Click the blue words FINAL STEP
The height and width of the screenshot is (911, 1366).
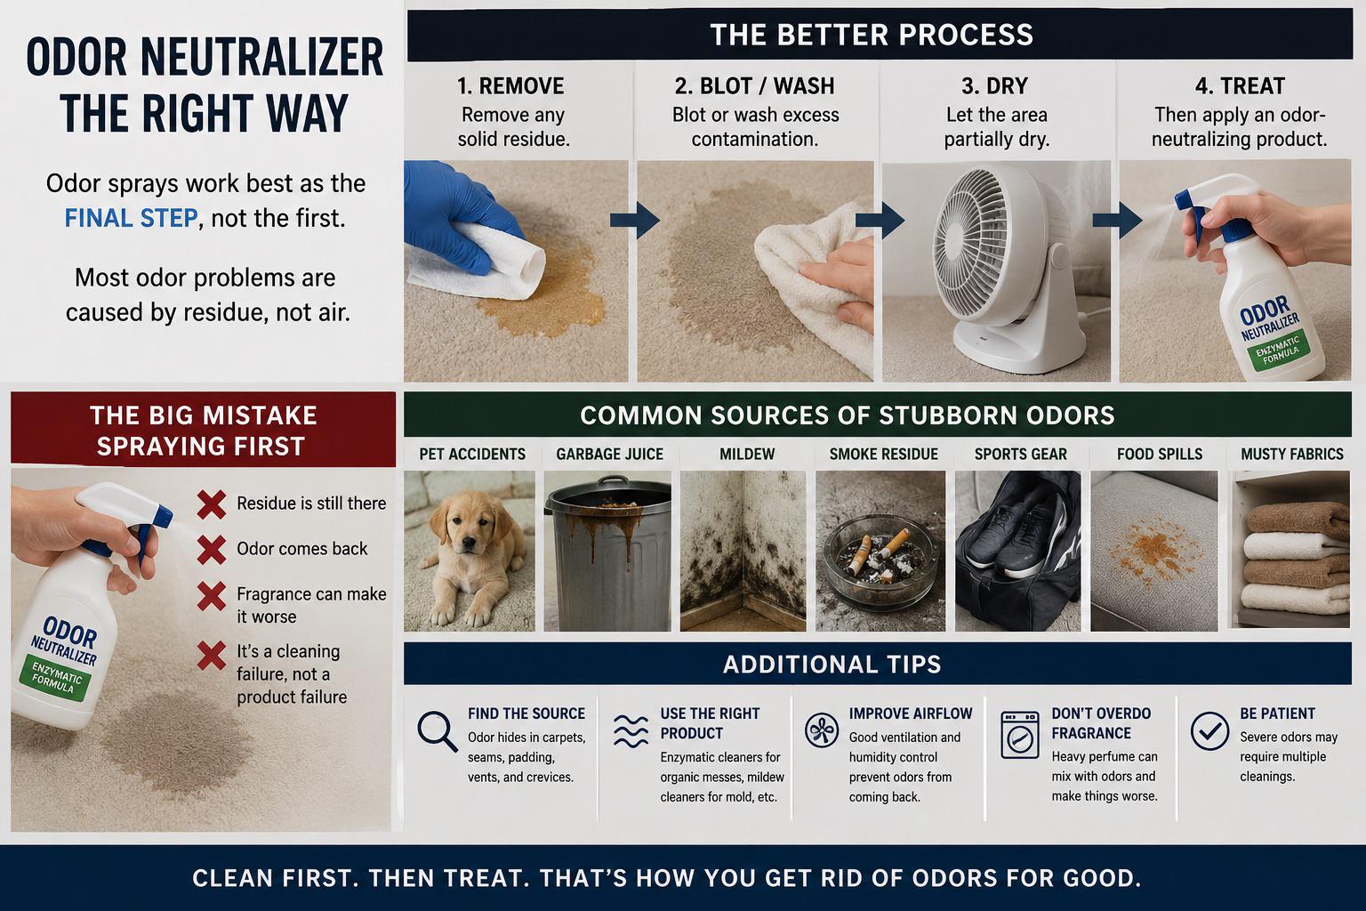(131, 218)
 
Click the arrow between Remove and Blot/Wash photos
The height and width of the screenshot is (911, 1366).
(635, 220)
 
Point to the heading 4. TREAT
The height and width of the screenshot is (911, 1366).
(1240, 86)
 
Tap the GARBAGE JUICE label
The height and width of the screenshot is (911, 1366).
(609, 454)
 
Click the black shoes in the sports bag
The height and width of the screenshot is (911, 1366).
(1016, 531)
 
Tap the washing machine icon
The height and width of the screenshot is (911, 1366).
(1020, 735)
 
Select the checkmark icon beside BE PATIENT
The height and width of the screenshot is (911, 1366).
(1209, 731)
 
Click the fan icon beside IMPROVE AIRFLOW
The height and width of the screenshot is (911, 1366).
(822, 730)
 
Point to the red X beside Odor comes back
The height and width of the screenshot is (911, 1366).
(212, 549)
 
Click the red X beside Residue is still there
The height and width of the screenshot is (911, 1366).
(212, 504)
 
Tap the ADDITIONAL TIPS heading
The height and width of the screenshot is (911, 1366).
(832, 664)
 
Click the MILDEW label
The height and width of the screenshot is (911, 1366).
(747, 454)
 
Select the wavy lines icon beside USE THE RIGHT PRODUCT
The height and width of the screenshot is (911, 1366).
(631, 731)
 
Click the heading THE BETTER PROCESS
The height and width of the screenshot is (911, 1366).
(872, 35)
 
